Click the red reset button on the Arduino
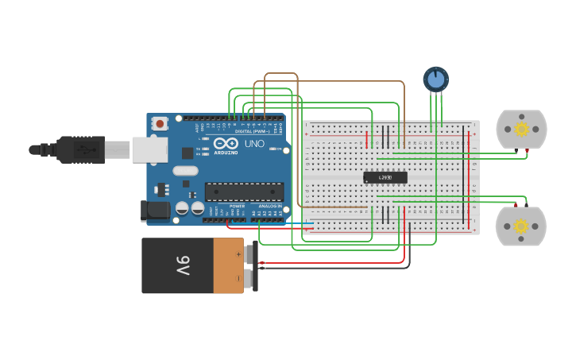(160, 123)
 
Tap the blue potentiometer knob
(435, 79)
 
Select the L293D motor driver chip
(385, 177)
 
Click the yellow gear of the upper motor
(522, 129)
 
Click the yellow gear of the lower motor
(521, 226)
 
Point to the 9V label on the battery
(182, 265)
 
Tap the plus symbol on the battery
(239, 254)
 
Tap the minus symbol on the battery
(239, 278)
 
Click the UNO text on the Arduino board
(253, 144)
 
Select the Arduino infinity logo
(225, 143)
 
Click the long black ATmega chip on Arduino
(244, 192)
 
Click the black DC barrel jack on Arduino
(154, 211)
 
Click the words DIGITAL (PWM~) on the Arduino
(249, 132)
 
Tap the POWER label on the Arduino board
(237, 206)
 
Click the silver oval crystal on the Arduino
(185, 170)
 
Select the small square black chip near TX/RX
(187, 153)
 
